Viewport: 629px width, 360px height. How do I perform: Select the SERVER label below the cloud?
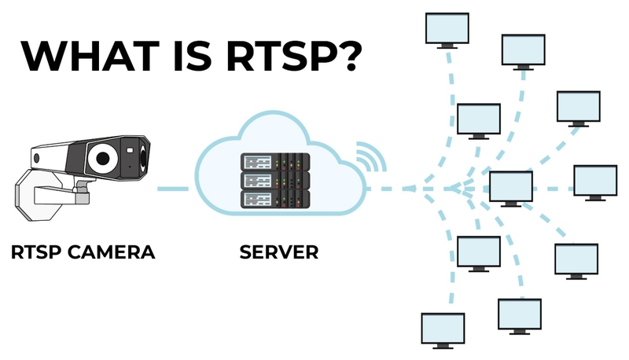[280, 253]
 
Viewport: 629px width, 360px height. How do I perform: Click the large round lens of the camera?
[101, 158]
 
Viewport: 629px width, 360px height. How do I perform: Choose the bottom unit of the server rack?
[274, 199]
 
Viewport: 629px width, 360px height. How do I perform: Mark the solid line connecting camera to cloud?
[172, 189]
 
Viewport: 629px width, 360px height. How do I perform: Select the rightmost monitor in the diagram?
[596, 181]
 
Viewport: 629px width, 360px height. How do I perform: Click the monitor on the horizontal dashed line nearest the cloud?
[512, 186]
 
